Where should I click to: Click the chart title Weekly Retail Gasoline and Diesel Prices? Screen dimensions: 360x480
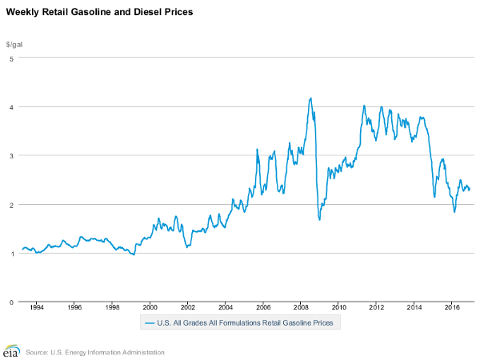pyautogui.click(x=99, y=14)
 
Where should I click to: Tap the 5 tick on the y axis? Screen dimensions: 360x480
pyautogui.click(x=11, y=58)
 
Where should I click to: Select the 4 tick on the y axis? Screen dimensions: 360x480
pyautogui.click(x=11, y=106)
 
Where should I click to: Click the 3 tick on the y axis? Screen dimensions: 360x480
pyautogui.click(x=11, y=155)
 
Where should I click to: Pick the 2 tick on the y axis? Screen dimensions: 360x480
pyautogui.click(x=11, y=204)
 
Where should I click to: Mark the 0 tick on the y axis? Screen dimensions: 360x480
pyautogui.click(x=11, y=302)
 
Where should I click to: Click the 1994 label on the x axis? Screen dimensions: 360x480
pyautogui.click(x=36, y=306)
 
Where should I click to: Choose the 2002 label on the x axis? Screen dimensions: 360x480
pyautogui.click(x=187, y=306)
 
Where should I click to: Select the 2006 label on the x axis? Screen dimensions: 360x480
pyautogui.click(x=263, y=306)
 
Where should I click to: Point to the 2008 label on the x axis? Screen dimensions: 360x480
pyautogui.click(x=301, y=306)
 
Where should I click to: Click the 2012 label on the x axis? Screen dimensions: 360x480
pyautogui.click(x=377, y=306)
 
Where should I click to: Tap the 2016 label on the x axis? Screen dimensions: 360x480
pyautogui.click(x=452, y=306)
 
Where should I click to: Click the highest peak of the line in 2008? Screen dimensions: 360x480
pyautogui.click(x=310, y=98)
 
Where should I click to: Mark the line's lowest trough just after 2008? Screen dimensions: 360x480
pyautogui.click(x=319, y=219)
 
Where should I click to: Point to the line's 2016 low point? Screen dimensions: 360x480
pyautogui.click(x=454, y=211)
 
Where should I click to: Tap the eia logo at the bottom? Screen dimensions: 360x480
pyautogui.click(x=11, y=351)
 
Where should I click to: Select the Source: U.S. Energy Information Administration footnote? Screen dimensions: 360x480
pyautogui.click(x=95, y=352)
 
